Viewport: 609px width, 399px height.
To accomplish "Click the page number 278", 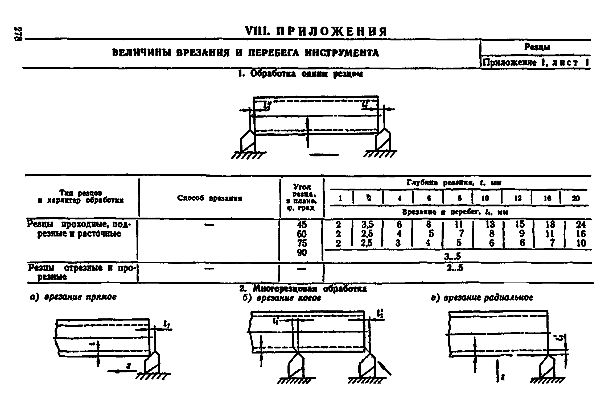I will (18, 34).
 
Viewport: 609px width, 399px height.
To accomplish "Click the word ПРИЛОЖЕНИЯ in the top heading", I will (331, 32).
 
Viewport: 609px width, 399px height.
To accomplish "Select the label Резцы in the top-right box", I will (537, 47).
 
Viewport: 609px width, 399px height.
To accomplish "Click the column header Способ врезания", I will (209, 198).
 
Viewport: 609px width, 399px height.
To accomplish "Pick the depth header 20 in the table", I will (576, 198).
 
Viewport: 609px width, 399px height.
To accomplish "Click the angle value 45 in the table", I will (302, 225).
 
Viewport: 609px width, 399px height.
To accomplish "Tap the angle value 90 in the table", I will (302, 252).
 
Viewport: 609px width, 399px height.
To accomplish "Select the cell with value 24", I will (580, 225).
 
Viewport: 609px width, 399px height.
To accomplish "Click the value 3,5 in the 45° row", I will (368, 225).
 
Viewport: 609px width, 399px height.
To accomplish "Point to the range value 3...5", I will (452, 256).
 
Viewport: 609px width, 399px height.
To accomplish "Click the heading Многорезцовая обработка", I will (303, 289).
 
